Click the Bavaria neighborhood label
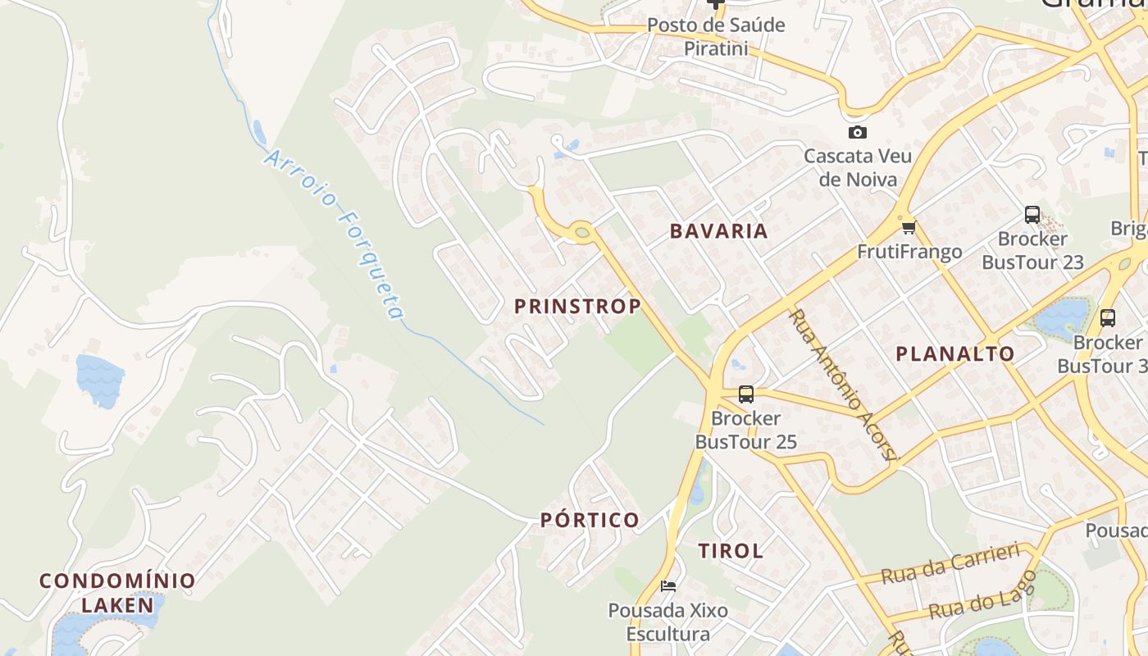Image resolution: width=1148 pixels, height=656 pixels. (719, 231)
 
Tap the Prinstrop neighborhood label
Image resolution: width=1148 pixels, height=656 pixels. (577, 307)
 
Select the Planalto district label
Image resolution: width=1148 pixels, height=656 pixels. (954, 354)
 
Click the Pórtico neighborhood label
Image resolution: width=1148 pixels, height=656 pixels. (590, 520)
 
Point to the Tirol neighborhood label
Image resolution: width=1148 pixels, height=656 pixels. (731, 551)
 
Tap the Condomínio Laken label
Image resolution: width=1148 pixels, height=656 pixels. (118, 593)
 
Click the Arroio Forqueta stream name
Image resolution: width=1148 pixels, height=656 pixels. (335, 235)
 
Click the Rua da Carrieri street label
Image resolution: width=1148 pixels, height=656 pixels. (950, 563)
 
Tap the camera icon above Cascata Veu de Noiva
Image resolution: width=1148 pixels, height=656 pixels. (857, 132)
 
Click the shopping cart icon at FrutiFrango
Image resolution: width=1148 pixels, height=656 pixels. (908, 228)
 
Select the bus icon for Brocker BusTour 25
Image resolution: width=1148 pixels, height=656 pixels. (745, 394)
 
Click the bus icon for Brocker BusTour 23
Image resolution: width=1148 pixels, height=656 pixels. (1032, 215)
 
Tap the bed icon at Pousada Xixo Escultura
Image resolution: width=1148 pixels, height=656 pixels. (668, 586)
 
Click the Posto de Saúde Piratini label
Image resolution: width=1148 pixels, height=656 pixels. (716, 37)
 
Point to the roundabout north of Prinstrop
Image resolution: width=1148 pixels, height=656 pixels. (582, 232)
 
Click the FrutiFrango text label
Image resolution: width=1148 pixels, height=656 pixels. (909, 252)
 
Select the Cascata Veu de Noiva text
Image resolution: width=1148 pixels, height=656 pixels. (858, 168)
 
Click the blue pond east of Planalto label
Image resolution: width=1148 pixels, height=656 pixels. (1061, 316)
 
